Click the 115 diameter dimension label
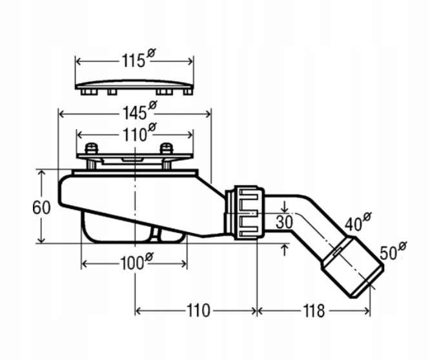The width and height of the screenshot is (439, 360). [x=133, y=61]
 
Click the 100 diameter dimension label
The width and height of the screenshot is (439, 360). [x=132, y=263]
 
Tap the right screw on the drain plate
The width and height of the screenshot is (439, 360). [x=167, y=150]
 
